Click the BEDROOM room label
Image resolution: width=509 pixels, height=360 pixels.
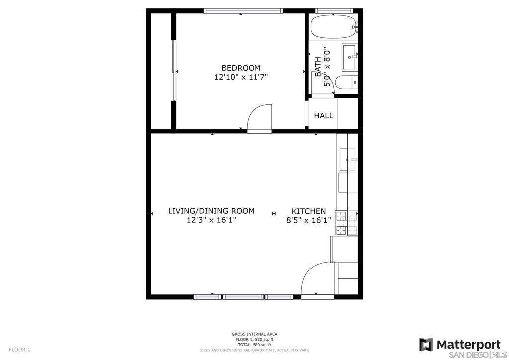(x=241, y=68)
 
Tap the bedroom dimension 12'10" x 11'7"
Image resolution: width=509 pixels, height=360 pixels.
(x=241, y=77)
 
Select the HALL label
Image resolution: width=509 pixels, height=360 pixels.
(x=323, y=115)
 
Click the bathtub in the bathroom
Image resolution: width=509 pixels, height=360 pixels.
(x=334, y=27)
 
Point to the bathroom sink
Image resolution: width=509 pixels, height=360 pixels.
(x=350, y=58)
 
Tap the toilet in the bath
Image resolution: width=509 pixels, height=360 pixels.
(x=346, y=82)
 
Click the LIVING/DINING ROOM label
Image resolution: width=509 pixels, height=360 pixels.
(x=211, y=211)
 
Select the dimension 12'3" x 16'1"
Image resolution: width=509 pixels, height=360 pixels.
(x=211, y=220)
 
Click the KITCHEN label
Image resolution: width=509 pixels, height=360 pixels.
(x=308, y=211)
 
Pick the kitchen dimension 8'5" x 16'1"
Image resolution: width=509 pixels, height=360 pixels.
(x=308, y=220)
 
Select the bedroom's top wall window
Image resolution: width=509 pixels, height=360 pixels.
(x=243, y=11)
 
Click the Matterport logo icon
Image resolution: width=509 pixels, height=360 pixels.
(x=426, y=345)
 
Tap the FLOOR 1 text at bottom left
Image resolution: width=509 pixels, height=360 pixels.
(x=19, y=350)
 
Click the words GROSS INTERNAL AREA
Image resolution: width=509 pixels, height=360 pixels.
(x=254, y=334)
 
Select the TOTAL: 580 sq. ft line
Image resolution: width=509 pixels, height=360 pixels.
(x=254, y=345)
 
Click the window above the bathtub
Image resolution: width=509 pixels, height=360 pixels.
(x=334, y=11)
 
